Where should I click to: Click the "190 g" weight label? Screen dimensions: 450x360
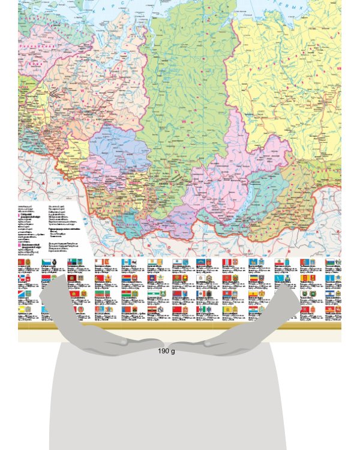(x=166, y=350)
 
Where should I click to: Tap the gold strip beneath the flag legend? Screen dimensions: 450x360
(x=180, y=327)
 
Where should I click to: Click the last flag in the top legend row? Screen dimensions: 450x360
(x=332, y=263)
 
